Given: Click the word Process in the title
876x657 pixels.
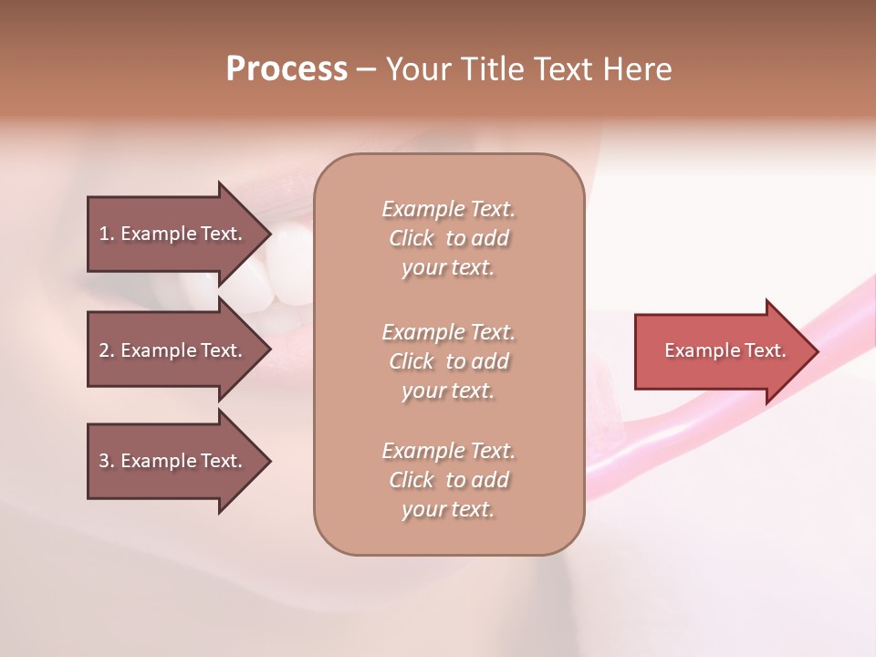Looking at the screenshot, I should (x=287, y=69).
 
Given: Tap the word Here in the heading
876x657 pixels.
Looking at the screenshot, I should (x=637, y=69).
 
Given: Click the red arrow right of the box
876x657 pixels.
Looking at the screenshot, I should (x=721, y=351).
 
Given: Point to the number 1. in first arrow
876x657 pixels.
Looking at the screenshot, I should (x=107, y=234).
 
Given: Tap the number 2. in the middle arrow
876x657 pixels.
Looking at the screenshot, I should (x=107, y=350).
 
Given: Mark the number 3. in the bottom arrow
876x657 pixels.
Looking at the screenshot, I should (x=107, y=461).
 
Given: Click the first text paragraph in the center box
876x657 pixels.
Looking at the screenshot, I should (x=448, y=238).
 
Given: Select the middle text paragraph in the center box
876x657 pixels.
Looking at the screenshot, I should (x=448, y=360).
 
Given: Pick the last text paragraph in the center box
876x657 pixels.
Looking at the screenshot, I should (x=448, y=480).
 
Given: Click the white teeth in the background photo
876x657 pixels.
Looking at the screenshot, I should (x=274, y=274).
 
